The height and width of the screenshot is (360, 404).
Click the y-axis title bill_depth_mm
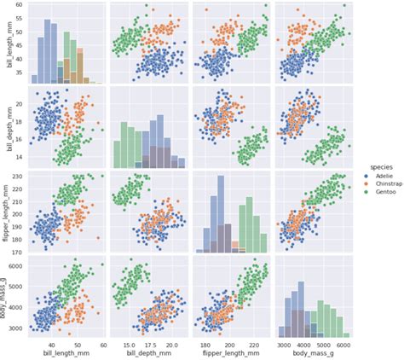click(x=7, y=127)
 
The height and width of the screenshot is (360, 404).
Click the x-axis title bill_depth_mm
click(x=150, y=354)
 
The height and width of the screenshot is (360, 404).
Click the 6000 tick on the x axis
click(x=343, y=344)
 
